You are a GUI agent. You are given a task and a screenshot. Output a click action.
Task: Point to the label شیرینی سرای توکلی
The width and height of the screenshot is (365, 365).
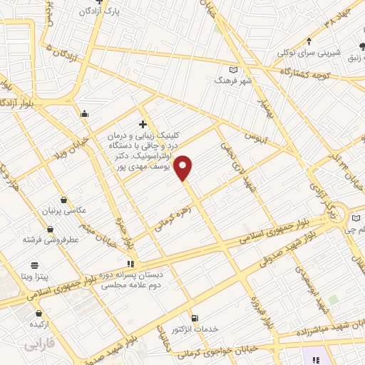(x=309, y=53)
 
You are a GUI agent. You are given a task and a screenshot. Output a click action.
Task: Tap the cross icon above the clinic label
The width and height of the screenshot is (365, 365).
(x=143, y=123)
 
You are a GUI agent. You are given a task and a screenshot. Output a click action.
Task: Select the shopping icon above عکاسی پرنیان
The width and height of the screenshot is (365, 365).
(x=66, y=200)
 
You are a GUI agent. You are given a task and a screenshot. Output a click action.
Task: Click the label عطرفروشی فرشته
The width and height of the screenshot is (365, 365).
(x=51, y=240)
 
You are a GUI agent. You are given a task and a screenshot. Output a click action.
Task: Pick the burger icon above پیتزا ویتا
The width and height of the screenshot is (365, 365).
(x=34, y=265)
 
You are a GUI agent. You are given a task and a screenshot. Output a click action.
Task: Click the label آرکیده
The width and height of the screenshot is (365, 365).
(x=38, y=323)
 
